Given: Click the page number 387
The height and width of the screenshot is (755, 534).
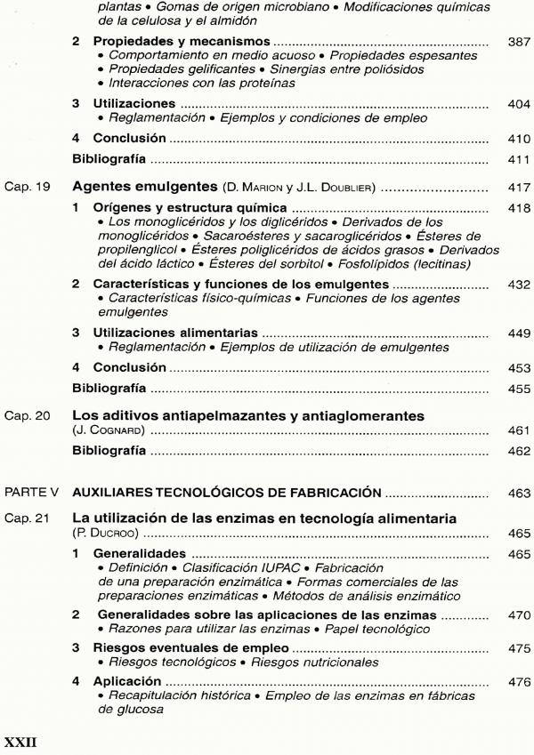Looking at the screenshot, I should tap(517, 42).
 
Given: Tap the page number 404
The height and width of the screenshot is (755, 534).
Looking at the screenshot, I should tap(517, 104).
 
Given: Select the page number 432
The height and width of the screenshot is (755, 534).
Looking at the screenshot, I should tap(517, 284).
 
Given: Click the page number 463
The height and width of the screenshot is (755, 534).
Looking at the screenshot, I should tap(517, 492).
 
